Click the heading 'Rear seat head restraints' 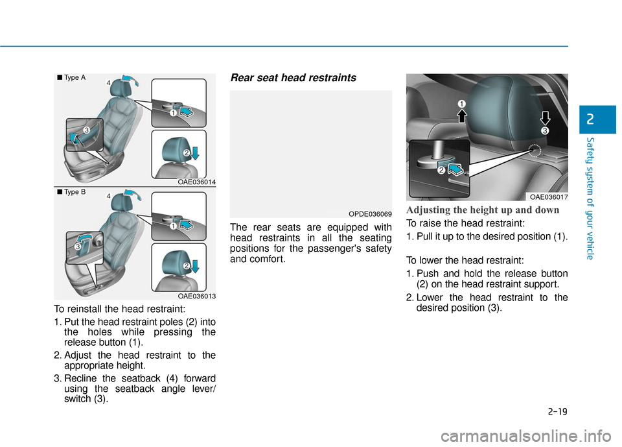292,78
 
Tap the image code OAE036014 196,183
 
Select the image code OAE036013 196,296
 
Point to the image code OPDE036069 371,213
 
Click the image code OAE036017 548,197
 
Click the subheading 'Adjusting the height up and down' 483,210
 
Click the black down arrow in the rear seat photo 545,118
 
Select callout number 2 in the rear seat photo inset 441,171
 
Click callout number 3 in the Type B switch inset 77,247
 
